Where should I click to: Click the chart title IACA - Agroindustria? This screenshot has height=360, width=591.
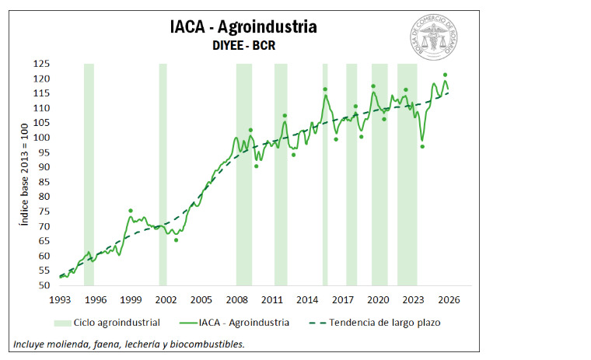click(243, 27)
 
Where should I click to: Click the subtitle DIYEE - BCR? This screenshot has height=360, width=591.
click(243, 46)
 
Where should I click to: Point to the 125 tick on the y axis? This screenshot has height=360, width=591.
click(44, 65)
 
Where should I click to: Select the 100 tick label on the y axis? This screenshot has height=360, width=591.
click(44, 138)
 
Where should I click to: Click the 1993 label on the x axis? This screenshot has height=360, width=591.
click(60, 300)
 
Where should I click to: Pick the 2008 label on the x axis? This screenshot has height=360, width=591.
click(236, 300)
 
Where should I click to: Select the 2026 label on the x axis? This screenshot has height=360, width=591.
click(449, 300)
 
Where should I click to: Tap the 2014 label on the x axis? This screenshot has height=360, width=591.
click(307, 300)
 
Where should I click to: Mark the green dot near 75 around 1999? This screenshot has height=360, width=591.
click(131, 211)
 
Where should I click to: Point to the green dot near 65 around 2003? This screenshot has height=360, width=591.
click(176, 239)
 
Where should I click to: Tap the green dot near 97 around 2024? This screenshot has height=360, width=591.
click(422, 146)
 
